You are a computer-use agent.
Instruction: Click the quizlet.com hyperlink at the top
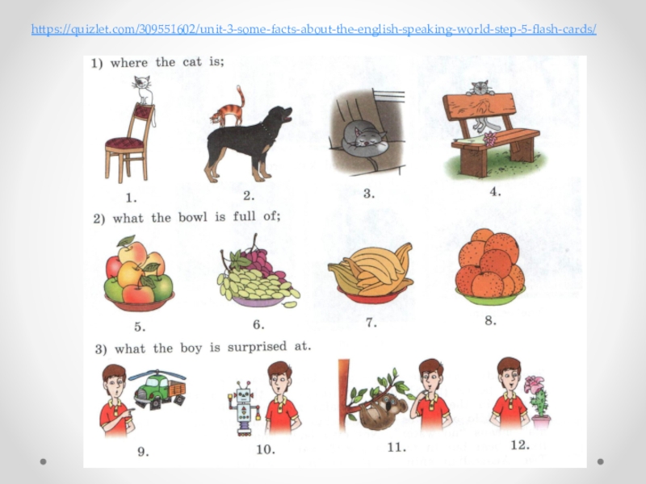pyautogui.click(x=314, y=30)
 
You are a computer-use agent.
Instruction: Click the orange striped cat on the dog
pyautogui.click(x=228, y=108)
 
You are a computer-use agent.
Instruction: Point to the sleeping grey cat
pyautogui.click(x=363, y=139)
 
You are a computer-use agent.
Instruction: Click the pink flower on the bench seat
pyautogui.click(x=490, y=139)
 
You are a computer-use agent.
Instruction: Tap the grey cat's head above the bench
pyautogui.click(x=480, y=88)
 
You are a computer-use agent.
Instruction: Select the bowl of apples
pyautogui.click(x=139, y=273)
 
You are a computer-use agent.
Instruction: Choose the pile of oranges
pyautogui.click(x=489, y=264)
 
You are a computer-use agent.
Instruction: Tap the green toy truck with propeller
pyautogui.click(x=158, y=388)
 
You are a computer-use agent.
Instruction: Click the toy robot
pyautogui.click(x=244, y=407)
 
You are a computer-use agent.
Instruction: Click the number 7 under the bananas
pyautogui.click(x=371, y=323)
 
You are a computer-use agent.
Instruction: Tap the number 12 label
pyautogui.click(x=520, y=445)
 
